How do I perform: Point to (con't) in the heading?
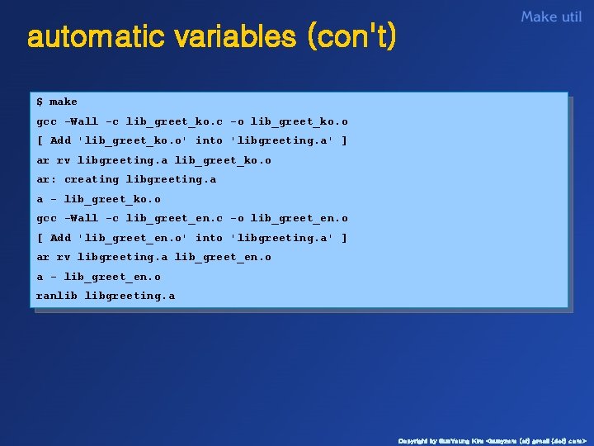[x=351, y=37]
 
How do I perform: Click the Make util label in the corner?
[x=551, y=17]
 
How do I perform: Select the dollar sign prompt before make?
[x=40, y=102]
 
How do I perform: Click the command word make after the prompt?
[x=64, y=102]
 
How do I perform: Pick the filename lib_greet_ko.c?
[x=174, y=121]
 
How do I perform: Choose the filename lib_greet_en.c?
[x=174, y=218]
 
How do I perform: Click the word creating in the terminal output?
[x=91, y=179]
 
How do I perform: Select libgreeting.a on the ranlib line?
[x=130, y=296]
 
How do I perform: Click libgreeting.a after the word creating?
[x=171, y=179]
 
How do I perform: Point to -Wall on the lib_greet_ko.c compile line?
[x=81, y=121]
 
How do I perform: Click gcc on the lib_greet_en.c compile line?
[x=46, y=218]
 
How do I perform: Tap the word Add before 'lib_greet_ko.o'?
[x=60, y=140]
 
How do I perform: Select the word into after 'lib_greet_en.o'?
[x=209, y=238]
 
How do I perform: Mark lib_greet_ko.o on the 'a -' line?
[x=112, y=199]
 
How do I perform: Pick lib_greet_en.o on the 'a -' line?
[x=112, y=277]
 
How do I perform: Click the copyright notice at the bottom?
[x=492, y=440]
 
